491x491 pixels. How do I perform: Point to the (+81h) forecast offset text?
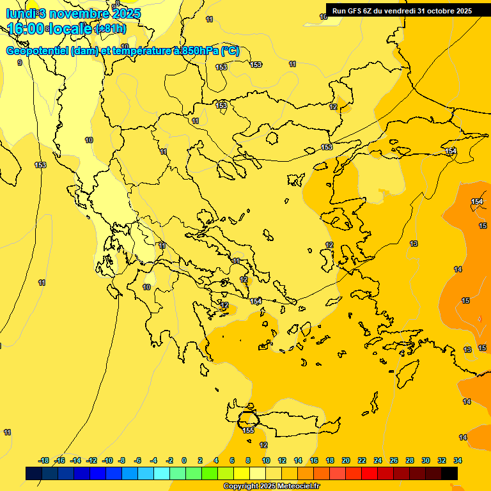[x=110, y=29]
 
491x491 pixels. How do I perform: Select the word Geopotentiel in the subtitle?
[x=37, y=51]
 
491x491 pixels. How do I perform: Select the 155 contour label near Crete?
[x=248, y=430]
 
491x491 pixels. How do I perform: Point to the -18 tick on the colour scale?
[x=44, y=460]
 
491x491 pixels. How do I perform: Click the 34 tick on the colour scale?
[x=458, y=460]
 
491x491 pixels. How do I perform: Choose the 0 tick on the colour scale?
[x=184, y=460]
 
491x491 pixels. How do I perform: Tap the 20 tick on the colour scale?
[x=346, y=460]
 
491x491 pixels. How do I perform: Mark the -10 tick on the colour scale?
[x=107, y=460]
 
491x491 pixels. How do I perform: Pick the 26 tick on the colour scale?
[x=394, y=460]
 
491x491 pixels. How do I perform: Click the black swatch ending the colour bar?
[x=449, y=473]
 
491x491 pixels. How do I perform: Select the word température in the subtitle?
[x=139, y=51]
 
